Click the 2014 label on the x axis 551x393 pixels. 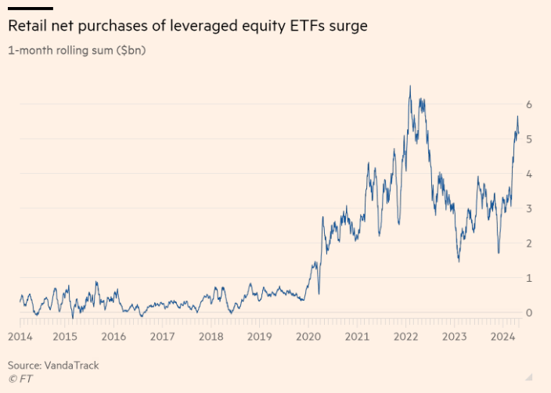point(20,337)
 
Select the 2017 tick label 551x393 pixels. point(162,337)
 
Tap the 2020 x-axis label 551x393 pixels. point(309,337)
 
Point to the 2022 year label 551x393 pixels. point(406,337)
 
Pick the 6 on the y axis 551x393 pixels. point(529,104)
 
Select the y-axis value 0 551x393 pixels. point(529,312)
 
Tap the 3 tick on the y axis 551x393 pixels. point(529,208)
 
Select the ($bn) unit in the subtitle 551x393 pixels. point(130,51)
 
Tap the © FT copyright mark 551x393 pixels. point(21,378)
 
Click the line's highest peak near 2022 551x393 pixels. point(409,85)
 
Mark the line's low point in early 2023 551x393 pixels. point(459,261)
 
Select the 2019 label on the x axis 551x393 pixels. point(259,337)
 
